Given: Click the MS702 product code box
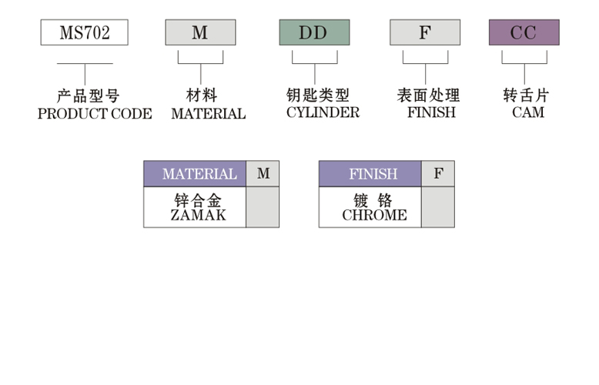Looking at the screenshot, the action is [x=85, y=32].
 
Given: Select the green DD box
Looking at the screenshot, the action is [x=314, y=32].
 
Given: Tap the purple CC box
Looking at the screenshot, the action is [x=524, y=32].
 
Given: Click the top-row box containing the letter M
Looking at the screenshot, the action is [x=200, y=32].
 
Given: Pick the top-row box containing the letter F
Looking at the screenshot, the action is [x=425, y=32].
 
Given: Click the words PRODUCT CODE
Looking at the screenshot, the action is [x=95, y=114].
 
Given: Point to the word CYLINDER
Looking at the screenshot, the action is [x=323, y=112].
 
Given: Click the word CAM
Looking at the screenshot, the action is [x=528, y=112].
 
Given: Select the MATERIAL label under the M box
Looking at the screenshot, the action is [x=208, y=114].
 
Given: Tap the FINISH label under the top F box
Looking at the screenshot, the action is [x=431, y=112].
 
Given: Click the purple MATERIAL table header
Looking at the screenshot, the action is [x=195, y=174].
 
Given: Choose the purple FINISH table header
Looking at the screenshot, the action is [x=370, y=174].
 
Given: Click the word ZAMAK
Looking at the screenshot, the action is [x=199, y=215].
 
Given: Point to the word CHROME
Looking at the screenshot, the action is [x=374, y=215].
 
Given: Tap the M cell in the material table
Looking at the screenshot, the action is [x=263, y=174].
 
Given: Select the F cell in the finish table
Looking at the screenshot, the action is [x=438, y=174].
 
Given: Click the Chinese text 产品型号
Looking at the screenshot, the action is [x=89, y=95].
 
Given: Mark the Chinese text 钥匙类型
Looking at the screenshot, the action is [x=318, y=95].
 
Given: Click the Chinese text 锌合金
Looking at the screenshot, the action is [x=198, y=200].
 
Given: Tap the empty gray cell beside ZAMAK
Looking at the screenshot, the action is [x=263, y=207].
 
